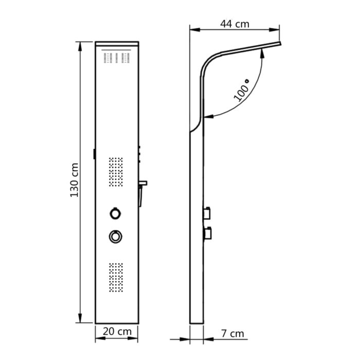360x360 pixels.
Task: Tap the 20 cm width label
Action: pos(117,332)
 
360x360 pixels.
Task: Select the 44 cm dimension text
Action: pos(235,23)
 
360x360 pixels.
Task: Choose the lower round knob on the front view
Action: pos(115,236)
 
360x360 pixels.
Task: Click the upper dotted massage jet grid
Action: pos(116,172)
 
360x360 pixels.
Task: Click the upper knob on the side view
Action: pos(208,211)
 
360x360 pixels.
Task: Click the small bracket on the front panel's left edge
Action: pos(95,154)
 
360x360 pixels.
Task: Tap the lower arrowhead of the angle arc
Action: pos(208,118)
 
